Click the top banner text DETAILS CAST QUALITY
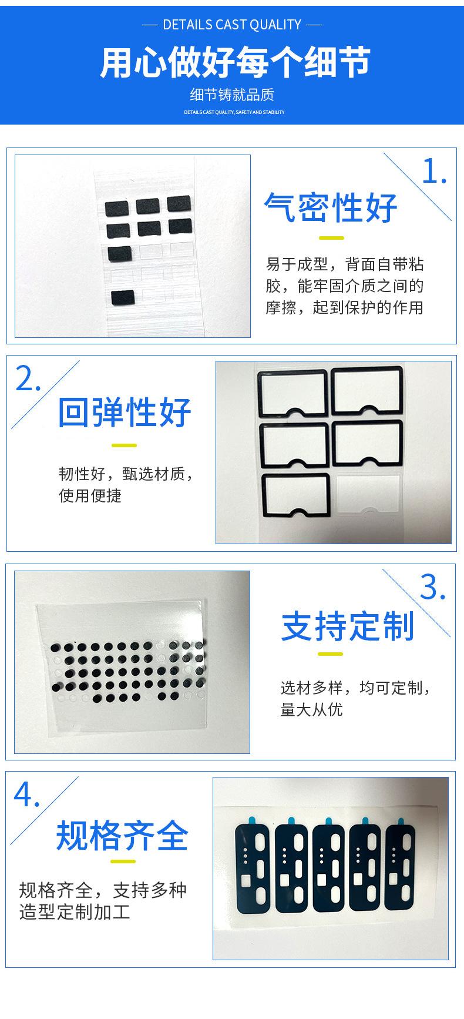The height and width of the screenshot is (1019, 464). pos(232,25)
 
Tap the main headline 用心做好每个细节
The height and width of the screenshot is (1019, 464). pos(235,63)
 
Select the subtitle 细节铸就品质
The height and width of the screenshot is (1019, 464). pos(232,95)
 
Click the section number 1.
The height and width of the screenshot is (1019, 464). pos(435,172)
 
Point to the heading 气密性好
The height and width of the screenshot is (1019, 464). pos(331,207)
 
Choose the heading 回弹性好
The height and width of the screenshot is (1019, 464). pos(125,412)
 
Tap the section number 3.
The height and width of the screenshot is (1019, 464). pos(433,587)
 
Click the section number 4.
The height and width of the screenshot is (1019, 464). pos(27,795)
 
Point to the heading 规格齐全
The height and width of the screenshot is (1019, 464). pos(122,835)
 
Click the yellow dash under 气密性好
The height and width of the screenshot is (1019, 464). pos(331,238)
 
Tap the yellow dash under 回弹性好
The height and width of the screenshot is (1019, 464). pos(124,445)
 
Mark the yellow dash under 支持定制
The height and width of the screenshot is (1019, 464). pos(330,654)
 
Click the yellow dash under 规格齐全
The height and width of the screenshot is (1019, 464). pos(123,862)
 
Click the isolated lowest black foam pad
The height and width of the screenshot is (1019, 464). pos(123,298)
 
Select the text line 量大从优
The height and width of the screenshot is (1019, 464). pos(311,710)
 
